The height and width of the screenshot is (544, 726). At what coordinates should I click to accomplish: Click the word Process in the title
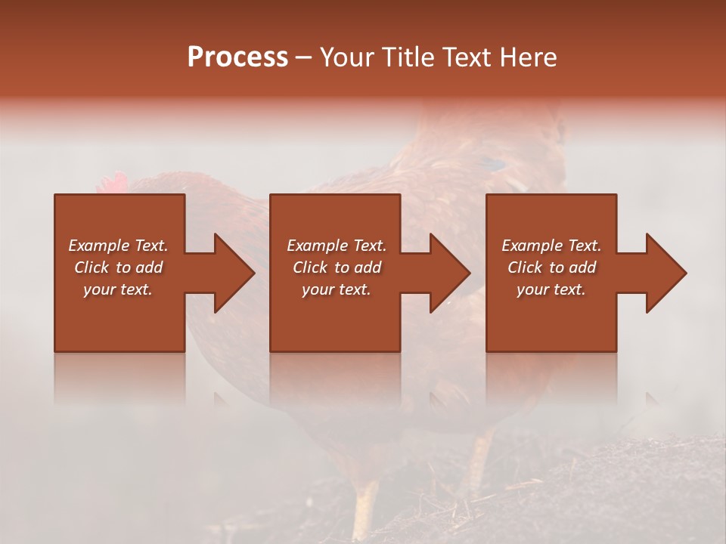pyautogui.click(x=237, y=57)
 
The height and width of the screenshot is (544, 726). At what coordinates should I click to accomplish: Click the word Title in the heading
pyautogui.click(x=401, y=57)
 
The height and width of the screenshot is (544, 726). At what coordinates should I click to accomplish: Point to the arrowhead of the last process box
pyautogui.click(x=665, y=273)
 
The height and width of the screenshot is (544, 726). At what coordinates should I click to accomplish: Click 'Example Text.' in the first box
pyautogui.click(x=118, y=246)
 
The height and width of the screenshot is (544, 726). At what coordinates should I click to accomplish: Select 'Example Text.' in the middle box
pyautogui.click(x=337, y=246)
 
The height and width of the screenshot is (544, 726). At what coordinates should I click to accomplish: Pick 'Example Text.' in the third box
pyautogui.click(x=551, y=246)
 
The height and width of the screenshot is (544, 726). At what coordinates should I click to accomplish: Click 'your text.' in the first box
pyautogui.click(x=118, y=289)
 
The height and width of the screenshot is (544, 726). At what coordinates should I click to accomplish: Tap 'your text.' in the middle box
pyautogui.click(x=337, y=289)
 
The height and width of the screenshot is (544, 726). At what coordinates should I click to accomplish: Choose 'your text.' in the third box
pyautogui.click(x=551, y=289)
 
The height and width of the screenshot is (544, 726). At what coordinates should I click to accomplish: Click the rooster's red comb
pyautogui.click(x=113, y=184)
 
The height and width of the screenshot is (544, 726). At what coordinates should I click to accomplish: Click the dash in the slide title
pyautogui.click(x=303, y=58)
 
